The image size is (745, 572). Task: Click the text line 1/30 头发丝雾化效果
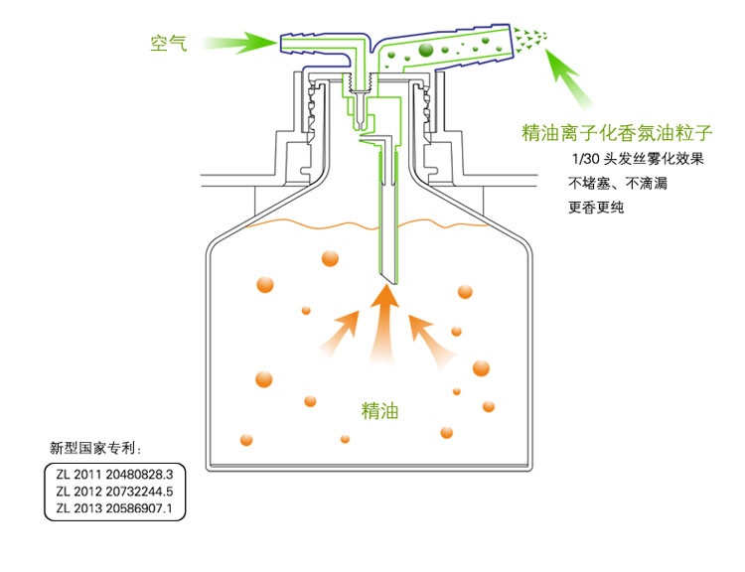coord(638,160)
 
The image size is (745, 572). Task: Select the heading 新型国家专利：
coord(102,446)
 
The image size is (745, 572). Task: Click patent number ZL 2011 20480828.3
coord(115,473)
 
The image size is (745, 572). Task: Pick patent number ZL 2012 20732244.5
coord(115,491)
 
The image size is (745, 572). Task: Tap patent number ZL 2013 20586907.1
coord(115,508)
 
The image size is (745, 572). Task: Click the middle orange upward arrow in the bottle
coord(384,323)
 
